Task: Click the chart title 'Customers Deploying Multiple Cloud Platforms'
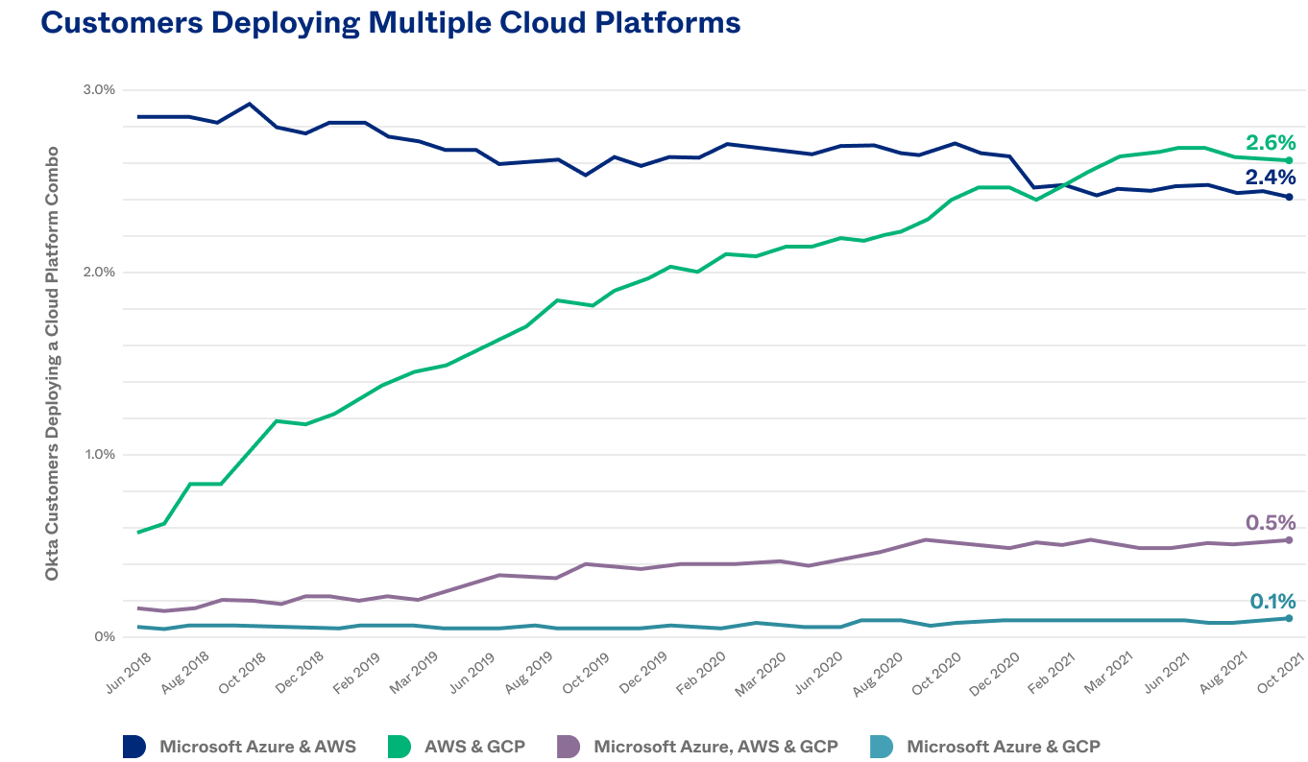pos(391,23)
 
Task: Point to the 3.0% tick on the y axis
pos(99,89)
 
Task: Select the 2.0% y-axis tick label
pos(99,272)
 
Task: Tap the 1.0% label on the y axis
pos(99,454)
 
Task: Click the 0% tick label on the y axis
pos(105,636)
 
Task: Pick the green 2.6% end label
pos(1270,142)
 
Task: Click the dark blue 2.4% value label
pos(1270,178)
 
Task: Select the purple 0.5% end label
pos(1270,523)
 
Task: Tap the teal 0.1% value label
pos(1272,602)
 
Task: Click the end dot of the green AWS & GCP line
pos(1289,160)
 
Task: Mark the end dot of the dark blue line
pos(1289,197)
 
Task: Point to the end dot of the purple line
pos(1289,540)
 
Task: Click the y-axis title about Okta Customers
pos(53,363)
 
